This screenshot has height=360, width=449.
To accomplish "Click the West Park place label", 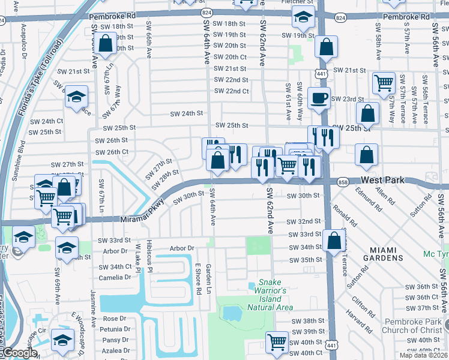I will point(383,180).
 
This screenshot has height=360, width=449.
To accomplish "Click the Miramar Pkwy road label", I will point(142,210).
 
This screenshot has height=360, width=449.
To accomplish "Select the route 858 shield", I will point(343,181).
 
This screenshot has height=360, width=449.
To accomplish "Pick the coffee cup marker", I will point(319,97).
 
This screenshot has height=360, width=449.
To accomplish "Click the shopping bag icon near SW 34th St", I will point(333,241).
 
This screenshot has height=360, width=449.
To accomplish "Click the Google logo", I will point(19,353).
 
